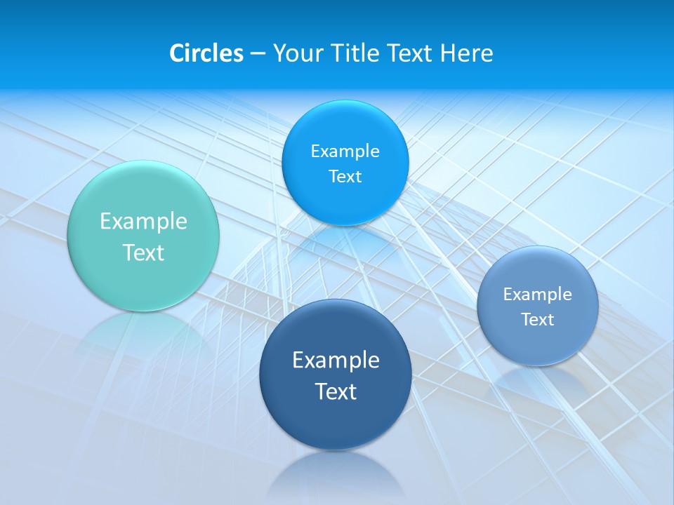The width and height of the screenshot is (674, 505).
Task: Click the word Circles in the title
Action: (206, 53)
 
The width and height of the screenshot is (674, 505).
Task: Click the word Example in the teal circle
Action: (143, 222)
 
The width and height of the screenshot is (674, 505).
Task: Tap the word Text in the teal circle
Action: (143, 252)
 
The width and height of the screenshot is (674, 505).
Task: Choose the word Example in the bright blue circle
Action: (345, 151)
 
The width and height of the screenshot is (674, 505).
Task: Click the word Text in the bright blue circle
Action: (345, 177)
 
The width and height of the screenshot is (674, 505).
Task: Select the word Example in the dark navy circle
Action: (336, 361)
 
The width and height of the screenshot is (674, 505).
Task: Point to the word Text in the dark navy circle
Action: (336, 391)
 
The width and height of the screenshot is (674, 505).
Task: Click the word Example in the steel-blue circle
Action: (538, 295)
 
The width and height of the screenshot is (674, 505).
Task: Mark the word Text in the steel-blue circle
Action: (538, 320)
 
